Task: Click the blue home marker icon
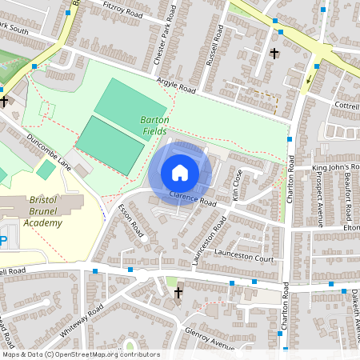tap(180, 173)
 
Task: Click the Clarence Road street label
tap(193, 198)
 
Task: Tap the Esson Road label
tap(130, 222)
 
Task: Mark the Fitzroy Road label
tap(123, 10)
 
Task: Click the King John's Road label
tap(336, 167)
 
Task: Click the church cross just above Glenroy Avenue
tap(178, 293)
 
